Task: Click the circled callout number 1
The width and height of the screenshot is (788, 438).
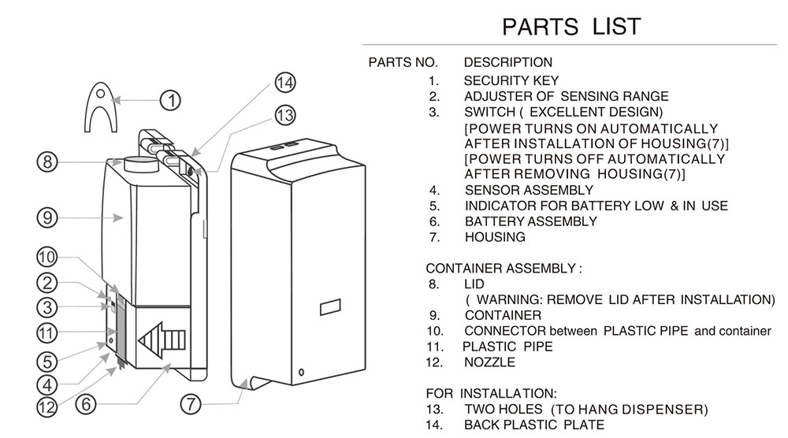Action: point(170,100)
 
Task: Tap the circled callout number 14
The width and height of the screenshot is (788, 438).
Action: point(284,83)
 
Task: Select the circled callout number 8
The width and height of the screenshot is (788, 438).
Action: point(48,162)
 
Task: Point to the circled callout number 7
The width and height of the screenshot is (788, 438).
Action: point(191,405)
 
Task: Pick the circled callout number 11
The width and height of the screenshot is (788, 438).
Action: point(48,334)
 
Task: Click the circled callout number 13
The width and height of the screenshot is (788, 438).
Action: point(284,115)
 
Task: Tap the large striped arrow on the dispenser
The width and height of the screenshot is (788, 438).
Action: point(163,341)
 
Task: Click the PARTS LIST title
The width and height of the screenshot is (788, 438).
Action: point(571,26)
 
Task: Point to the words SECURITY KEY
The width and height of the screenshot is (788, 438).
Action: point(511,80)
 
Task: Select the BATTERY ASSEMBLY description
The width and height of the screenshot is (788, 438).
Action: point(531,221)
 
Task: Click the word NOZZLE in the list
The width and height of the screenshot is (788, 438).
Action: point(489,362)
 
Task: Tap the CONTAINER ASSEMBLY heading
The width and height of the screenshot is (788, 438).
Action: point(504,269)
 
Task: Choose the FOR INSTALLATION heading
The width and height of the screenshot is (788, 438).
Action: point(492,393)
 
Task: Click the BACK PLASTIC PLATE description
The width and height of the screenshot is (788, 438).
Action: point(534,425)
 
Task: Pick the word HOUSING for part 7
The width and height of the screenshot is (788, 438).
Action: point(495,236)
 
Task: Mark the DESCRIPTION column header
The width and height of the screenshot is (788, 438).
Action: point(508,62)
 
